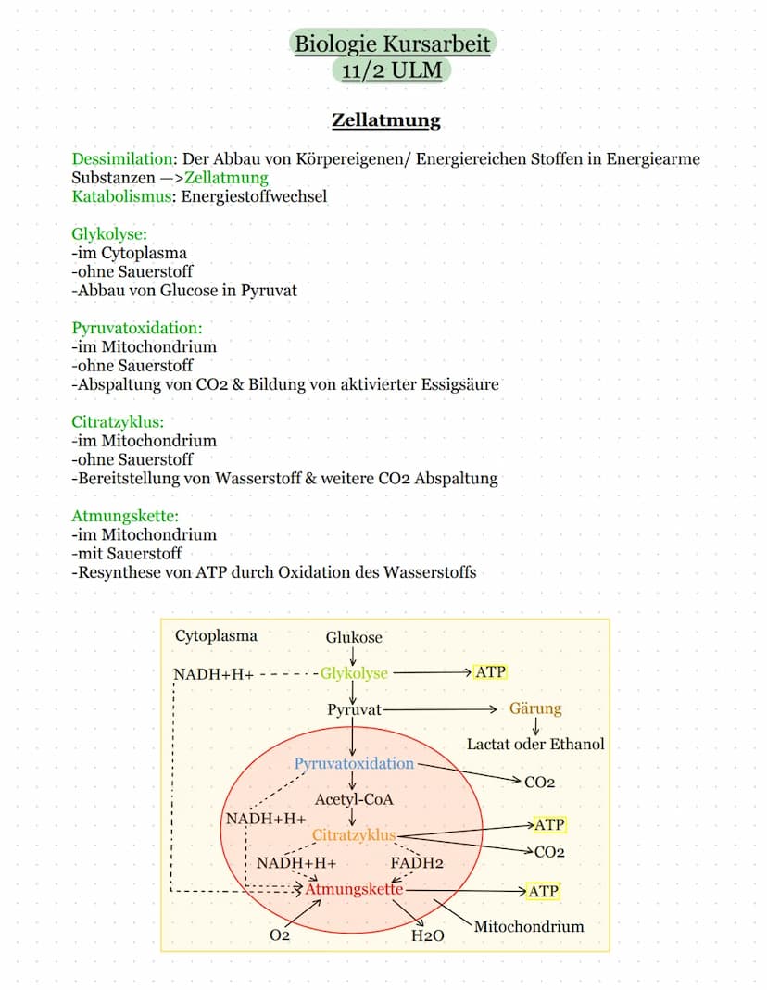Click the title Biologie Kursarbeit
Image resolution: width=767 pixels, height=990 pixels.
click(392, 44)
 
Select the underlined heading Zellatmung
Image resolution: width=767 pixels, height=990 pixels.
click(385, 120)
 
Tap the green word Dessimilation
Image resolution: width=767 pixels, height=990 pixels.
click(122, 158)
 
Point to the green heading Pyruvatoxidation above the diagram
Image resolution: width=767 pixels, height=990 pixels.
click(137, 328)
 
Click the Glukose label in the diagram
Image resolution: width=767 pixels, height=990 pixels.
click(354, 637)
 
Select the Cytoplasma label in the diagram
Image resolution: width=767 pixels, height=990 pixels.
click(216, 636)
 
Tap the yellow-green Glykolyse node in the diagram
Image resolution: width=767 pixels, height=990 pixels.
click(354, 673)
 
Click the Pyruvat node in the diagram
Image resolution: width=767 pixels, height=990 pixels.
click(354, 709)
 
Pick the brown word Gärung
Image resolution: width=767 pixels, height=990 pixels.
click(535, 709)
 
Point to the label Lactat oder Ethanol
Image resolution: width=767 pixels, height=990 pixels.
click(535, 745)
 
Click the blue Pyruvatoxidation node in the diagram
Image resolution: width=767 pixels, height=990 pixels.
click(354, 764)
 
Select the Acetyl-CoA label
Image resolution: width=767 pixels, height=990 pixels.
click(354, 799)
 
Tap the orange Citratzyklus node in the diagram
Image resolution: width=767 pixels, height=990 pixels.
click(354, 835)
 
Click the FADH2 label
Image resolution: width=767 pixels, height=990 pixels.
click(417, 863)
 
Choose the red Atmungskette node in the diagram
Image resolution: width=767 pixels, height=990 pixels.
click(354, 889)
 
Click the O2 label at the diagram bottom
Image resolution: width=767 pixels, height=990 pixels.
click(280, 935)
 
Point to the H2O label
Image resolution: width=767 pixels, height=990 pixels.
click(428, 935)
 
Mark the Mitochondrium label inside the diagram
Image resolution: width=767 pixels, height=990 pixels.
click(529, 926)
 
